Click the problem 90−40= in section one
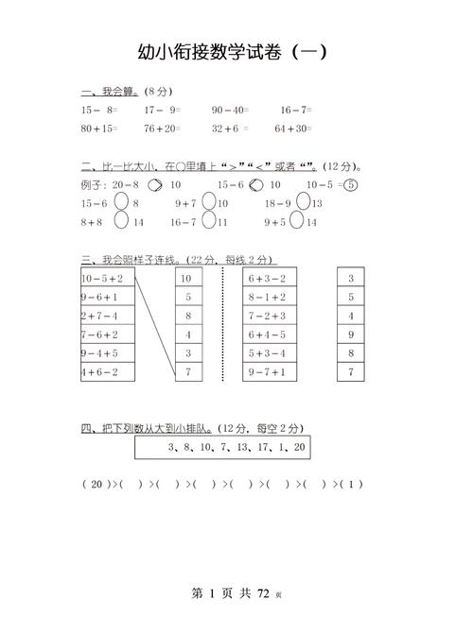tap(230, 110)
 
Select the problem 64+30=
tap(293, 129)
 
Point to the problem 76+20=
tap(163, 129)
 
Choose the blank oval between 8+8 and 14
tap(121, 221)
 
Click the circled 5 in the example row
tap(352, 184)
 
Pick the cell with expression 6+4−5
tap(270, 334)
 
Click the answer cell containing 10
tap(186, 279)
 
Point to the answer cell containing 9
tap(351, 334)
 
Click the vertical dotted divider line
tap(223, 326)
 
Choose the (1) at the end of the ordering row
tap(352, 485)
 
